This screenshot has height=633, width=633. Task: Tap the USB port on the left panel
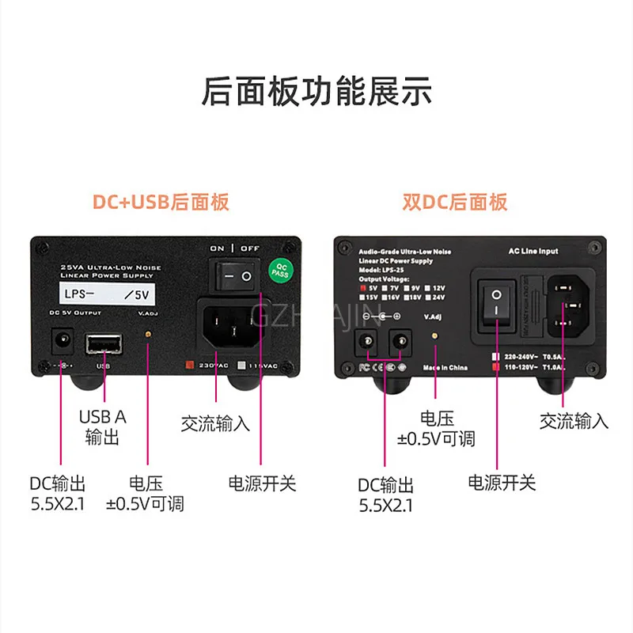(x=104, y=343)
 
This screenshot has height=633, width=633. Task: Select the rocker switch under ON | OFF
(x=235, y=276)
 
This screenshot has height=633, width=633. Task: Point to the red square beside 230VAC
(x=190, y=365)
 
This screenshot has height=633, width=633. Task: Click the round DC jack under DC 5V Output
(x=59, y=342)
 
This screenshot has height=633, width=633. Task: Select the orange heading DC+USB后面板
(x=161, y=202)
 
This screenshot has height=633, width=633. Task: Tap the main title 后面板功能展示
(x=316, y=91)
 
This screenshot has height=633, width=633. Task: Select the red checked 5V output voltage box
(x=366, y=288)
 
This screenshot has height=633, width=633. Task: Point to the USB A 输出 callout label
(x=102, y=426)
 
